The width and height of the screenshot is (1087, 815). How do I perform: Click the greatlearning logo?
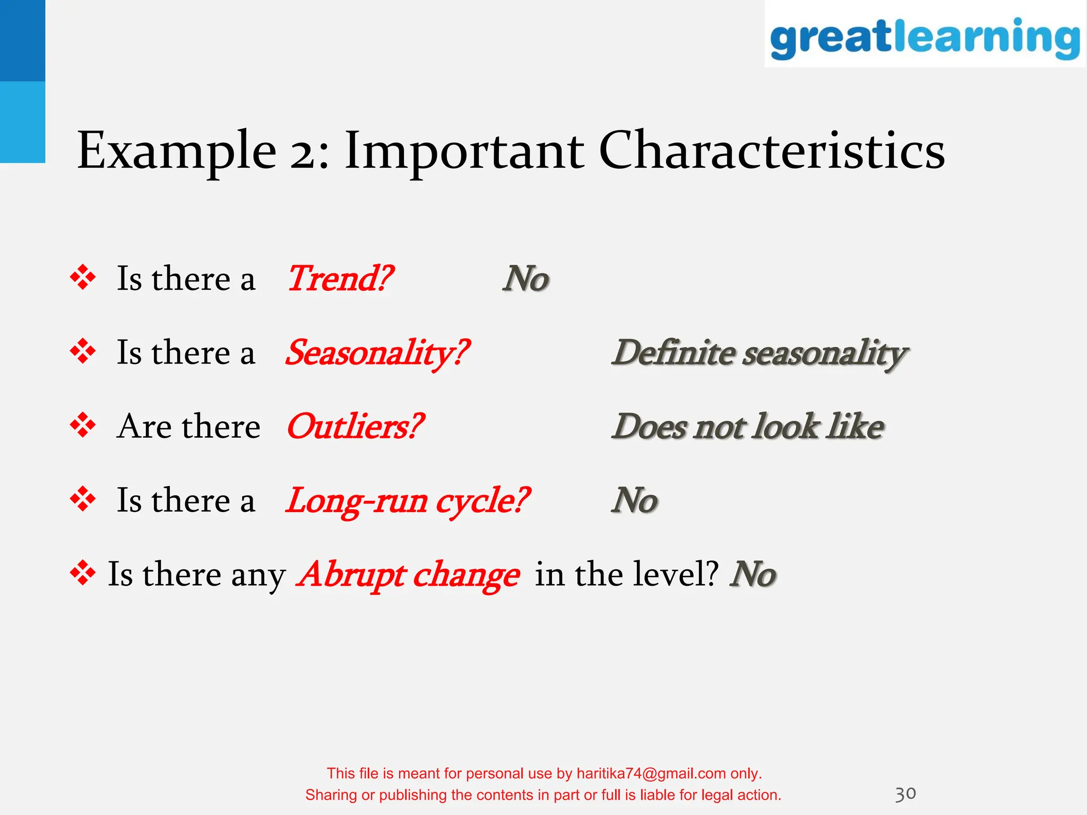925,37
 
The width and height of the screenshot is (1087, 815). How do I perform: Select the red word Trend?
340,279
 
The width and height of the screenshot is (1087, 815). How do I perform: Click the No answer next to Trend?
525,279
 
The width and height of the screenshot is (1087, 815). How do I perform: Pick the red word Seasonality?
377,353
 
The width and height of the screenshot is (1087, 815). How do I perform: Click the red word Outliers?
355,427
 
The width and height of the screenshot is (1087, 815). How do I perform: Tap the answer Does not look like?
747,427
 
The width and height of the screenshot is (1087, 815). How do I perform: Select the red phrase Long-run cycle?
407,501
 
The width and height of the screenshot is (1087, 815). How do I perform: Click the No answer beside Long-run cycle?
634,501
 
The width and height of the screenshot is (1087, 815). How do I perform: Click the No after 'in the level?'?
753,575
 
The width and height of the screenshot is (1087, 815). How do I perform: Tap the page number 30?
905,794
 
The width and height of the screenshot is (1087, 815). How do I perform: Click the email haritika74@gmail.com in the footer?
651,774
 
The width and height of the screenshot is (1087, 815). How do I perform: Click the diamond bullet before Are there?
83,426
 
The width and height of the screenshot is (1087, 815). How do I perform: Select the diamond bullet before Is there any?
83,574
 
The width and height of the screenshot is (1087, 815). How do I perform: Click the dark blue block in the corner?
22,40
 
